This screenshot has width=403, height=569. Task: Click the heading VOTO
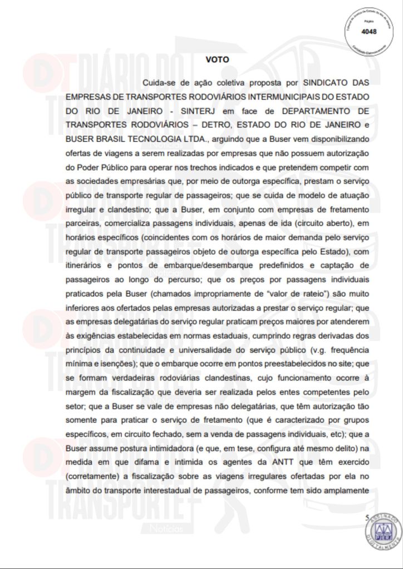pos(217,58)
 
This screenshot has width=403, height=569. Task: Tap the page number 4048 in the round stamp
pos(368,32)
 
